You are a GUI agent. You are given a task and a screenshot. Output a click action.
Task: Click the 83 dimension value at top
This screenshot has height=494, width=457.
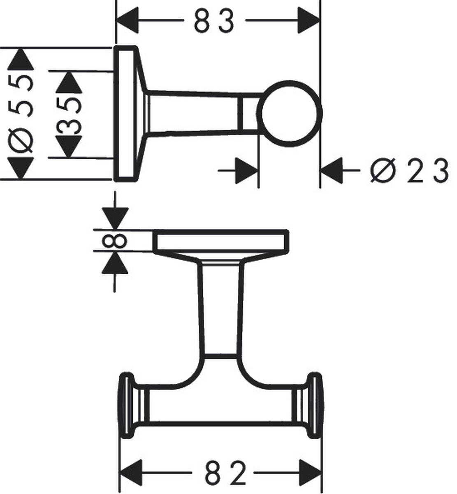coord(214,21)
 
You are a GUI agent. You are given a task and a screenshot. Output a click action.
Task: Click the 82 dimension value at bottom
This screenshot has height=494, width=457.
coord(226,473)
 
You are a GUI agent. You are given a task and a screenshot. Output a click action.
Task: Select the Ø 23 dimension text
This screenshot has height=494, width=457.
coord(408,170)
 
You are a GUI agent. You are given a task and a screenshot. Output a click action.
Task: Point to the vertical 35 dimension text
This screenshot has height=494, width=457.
coord(68,115)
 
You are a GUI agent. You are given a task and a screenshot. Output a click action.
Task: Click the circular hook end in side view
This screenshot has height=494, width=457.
coord(289,114)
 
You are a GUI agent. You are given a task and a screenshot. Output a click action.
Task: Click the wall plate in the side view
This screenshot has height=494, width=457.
coord(125,114)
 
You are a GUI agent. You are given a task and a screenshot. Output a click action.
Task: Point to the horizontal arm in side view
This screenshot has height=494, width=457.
coord(193,113)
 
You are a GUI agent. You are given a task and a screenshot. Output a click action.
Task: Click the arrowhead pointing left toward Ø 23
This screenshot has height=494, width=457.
coord(332,170)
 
